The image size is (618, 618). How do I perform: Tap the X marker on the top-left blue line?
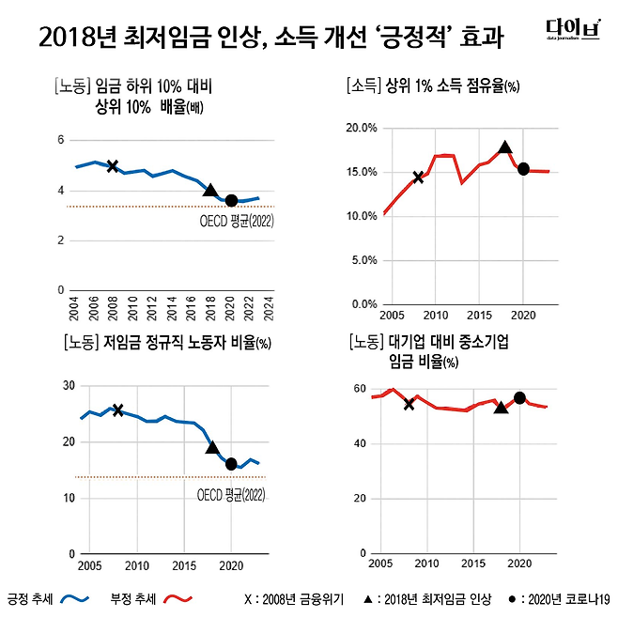(113, 166)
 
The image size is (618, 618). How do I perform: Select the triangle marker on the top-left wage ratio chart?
(211, 190)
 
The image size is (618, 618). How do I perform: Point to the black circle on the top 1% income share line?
(524, 169)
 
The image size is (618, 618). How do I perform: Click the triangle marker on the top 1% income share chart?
(505, 147)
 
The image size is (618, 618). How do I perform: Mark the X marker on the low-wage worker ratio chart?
(117, 409)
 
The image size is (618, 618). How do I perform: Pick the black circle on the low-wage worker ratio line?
(231, 463)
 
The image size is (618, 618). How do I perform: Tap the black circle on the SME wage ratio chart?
(519, 397)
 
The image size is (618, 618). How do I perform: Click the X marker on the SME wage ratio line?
(409, 404)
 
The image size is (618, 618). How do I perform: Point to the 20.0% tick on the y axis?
(363, 127)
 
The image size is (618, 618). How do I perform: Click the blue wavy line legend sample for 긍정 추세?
(73, 597)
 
